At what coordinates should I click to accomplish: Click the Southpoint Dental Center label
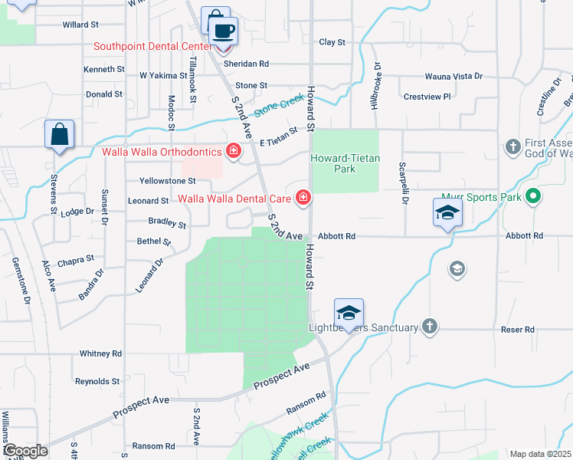(x=152, y=46)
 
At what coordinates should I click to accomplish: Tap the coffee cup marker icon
(x=223, y=31)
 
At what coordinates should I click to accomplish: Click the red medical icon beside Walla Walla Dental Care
(x=303, y=199)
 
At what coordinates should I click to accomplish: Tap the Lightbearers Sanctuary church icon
(x=430, y=327)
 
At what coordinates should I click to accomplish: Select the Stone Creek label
(x=279, y=105)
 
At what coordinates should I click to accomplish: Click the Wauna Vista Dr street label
(x=453, y=77)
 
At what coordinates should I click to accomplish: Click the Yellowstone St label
(x=168, y=181)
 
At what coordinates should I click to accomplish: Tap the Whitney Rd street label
(x=100, y=353)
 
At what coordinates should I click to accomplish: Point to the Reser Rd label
(x=519, y=330)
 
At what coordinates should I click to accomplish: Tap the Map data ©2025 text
(x=539, y=454)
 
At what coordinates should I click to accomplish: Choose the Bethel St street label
(x=153, y=242)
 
